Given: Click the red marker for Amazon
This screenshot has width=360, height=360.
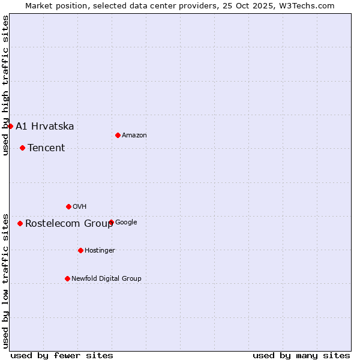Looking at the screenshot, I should [118, 135].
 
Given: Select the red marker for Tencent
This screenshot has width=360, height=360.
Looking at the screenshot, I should [22, 148].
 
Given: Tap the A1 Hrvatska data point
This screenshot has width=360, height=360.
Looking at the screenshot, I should [10, 126].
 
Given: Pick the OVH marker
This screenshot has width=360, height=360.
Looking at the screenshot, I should [68, 206].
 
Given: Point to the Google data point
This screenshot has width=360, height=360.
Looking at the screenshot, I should [111, 222].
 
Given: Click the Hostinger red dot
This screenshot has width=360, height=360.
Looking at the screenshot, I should [80, 250].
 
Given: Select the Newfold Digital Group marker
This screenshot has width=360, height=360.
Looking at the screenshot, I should [67, 278].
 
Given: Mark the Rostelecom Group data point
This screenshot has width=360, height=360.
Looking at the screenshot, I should [20, 223].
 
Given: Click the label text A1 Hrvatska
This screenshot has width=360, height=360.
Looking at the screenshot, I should [45, 126].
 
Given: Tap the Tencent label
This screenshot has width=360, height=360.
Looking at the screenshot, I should [46, 148].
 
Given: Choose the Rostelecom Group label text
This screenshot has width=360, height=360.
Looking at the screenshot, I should [69, 224].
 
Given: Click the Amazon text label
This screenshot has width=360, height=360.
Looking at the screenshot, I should [134, 136].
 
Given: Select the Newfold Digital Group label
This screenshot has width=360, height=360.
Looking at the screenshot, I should [106, 278].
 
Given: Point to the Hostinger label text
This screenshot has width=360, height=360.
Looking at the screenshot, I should [100, 250].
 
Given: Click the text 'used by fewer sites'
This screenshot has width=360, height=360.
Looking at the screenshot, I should [62, 355].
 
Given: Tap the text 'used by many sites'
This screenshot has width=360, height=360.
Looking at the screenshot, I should [301, 355].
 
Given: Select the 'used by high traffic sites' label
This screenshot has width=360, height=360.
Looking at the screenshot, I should [6, 85].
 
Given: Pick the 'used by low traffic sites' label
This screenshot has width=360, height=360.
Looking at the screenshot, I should [6, 280].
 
